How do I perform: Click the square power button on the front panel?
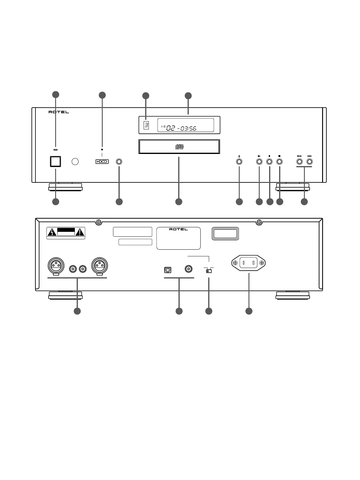55,162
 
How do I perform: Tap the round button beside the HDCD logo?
119,162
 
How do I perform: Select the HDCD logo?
102,162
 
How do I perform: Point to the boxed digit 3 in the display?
146,125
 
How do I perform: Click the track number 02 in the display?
171,128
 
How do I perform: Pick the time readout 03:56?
188,128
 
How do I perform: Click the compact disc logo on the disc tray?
179,147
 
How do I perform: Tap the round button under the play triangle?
259,162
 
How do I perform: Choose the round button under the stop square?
279,162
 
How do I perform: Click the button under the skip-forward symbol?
309,162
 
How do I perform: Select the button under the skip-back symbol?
299,162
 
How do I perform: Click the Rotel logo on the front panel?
59,112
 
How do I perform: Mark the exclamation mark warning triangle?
80,233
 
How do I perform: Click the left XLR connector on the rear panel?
56,265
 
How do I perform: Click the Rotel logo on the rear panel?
178,229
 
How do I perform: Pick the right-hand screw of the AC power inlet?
262,263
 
